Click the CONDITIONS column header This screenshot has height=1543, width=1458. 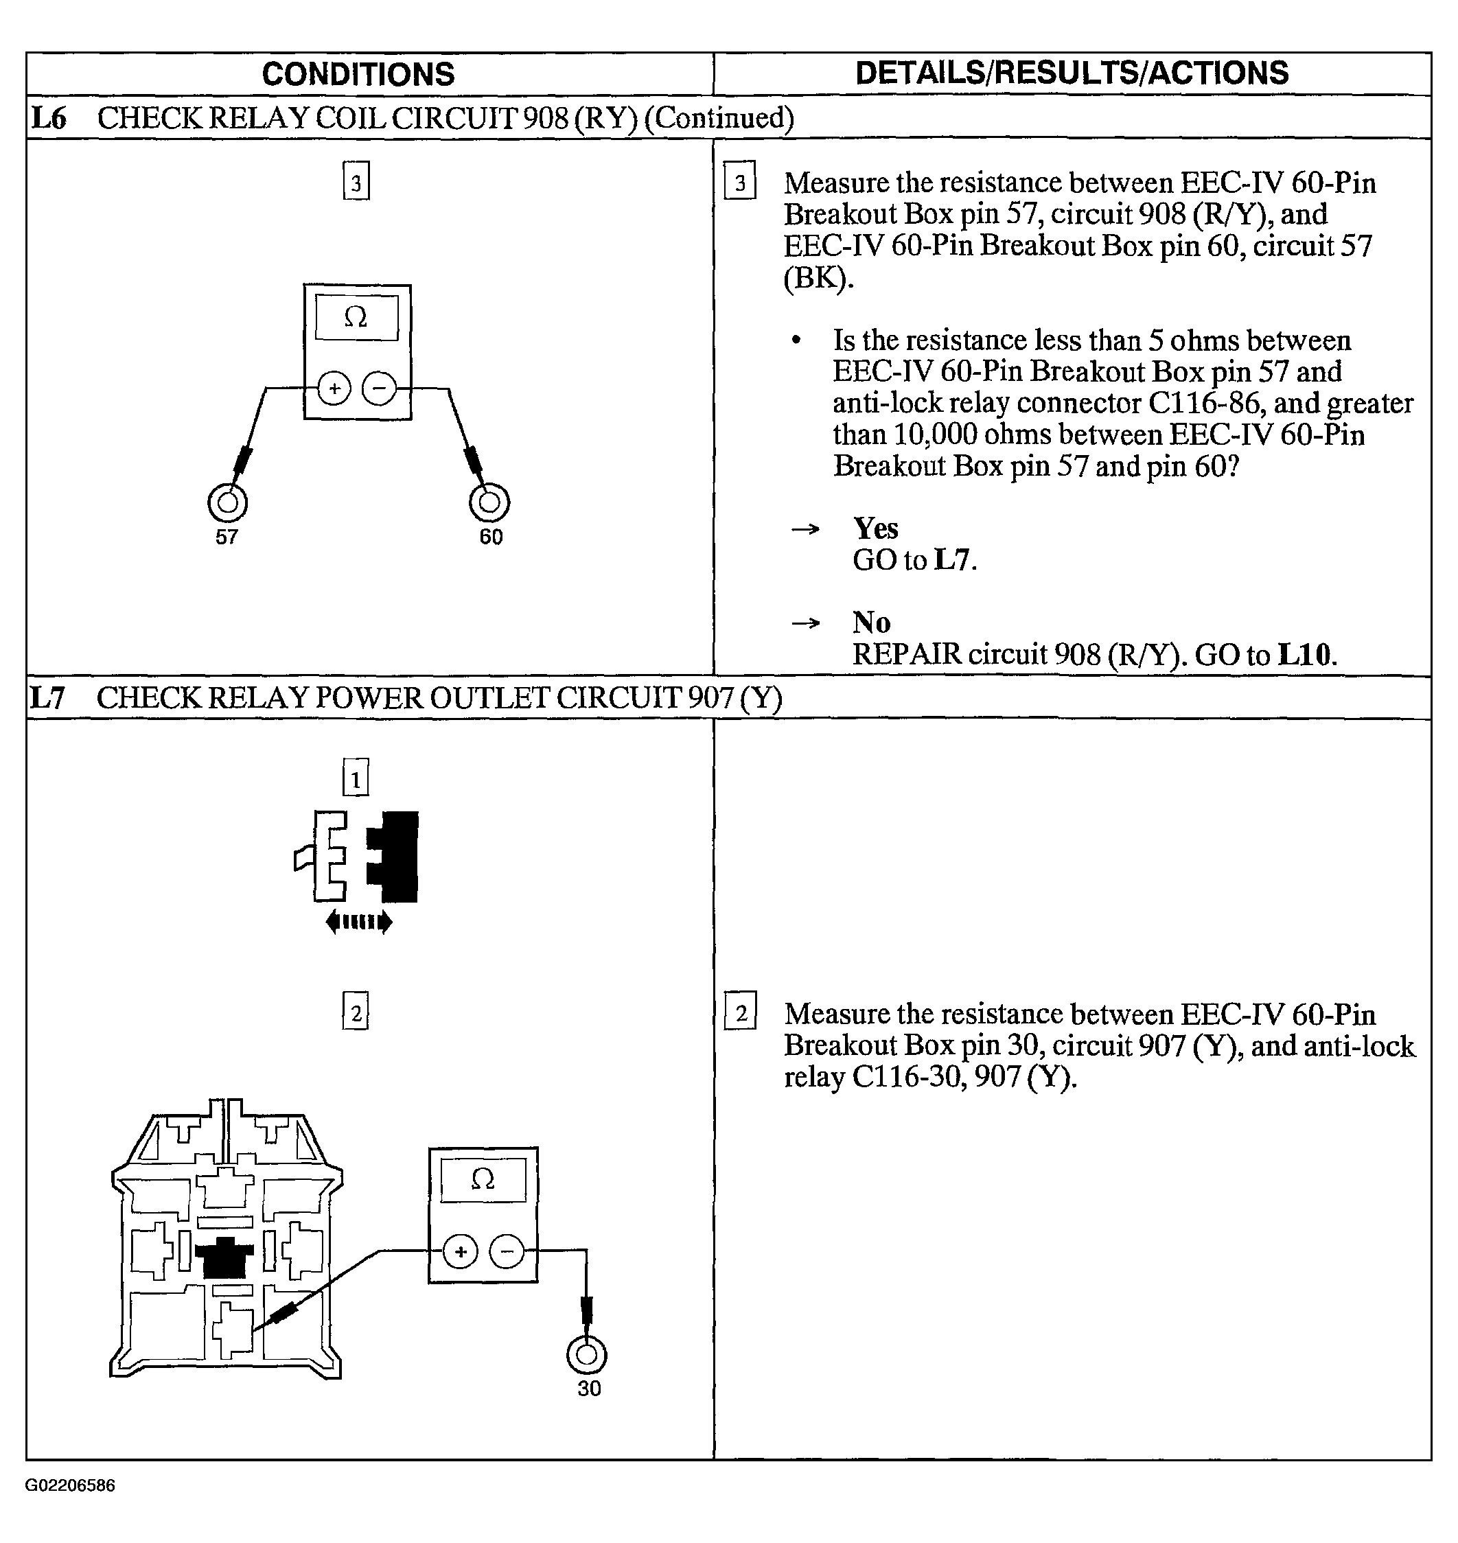point(358,75)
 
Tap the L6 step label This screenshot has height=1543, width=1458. point(48,118)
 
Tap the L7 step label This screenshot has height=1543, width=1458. point(47,697)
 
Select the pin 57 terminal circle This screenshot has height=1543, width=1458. point(228,502)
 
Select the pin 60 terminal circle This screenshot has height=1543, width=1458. point(489,502)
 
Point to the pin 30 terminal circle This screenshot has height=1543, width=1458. point(587,1356)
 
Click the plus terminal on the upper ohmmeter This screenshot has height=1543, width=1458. point(335,388)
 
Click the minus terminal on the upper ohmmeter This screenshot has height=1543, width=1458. point(380,388)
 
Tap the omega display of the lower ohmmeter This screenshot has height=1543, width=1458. point(483,1179)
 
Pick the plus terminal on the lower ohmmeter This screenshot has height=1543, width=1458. point(461,1252)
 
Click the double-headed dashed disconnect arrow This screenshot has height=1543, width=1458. point(358,923)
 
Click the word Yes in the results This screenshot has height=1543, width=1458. point(876,529)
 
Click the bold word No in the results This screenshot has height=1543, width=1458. point(871,623)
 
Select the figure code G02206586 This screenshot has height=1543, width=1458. point(70,1486)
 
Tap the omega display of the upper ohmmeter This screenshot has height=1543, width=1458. point(356,317)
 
